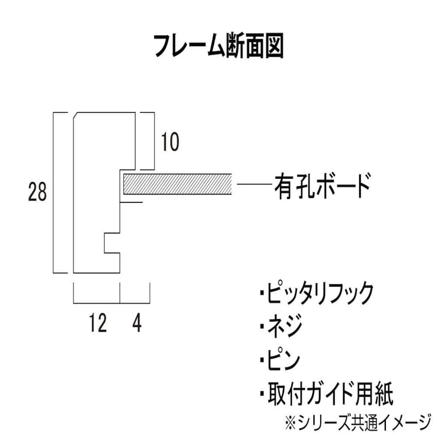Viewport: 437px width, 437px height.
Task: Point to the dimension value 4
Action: (137, 324)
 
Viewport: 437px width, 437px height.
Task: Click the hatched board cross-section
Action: (177, 184)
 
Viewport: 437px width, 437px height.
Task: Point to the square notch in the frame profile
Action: (112, 243)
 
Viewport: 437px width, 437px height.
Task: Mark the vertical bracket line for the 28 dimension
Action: (54, 192)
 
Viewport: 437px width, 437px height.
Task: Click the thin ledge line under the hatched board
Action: (131, 202)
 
